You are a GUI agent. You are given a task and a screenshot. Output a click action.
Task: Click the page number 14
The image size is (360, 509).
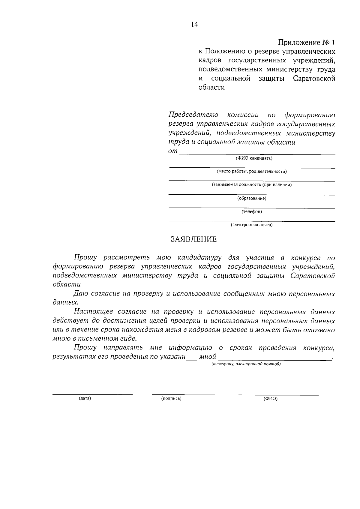(194, 25)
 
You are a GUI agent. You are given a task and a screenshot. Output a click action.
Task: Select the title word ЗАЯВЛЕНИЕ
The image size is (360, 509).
(193, 239)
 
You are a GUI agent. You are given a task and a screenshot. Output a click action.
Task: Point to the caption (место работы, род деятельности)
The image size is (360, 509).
(252, 172)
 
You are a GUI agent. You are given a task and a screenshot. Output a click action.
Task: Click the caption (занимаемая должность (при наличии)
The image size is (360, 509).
(252, 185)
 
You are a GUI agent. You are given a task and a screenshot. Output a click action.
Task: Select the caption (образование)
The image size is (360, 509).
(252, 198)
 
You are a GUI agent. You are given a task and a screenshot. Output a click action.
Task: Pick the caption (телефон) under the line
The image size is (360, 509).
(252, 211)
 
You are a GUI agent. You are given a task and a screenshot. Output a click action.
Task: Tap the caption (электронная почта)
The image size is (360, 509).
(252, 225)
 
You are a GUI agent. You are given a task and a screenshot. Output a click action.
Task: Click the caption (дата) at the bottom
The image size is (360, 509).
(85, 398)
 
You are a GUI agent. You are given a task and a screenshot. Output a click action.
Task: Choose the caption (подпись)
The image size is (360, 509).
(171, 398)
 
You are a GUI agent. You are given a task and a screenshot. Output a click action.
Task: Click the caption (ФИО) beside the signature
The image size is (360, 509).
(270, 399)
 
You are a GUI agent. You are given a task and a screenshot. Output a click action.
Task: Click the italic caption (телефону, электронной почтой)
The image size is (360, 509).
(246, 364)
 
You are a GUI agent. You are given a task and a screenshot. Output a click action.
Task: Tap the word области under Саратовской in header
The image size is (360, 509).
(211, 88)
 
